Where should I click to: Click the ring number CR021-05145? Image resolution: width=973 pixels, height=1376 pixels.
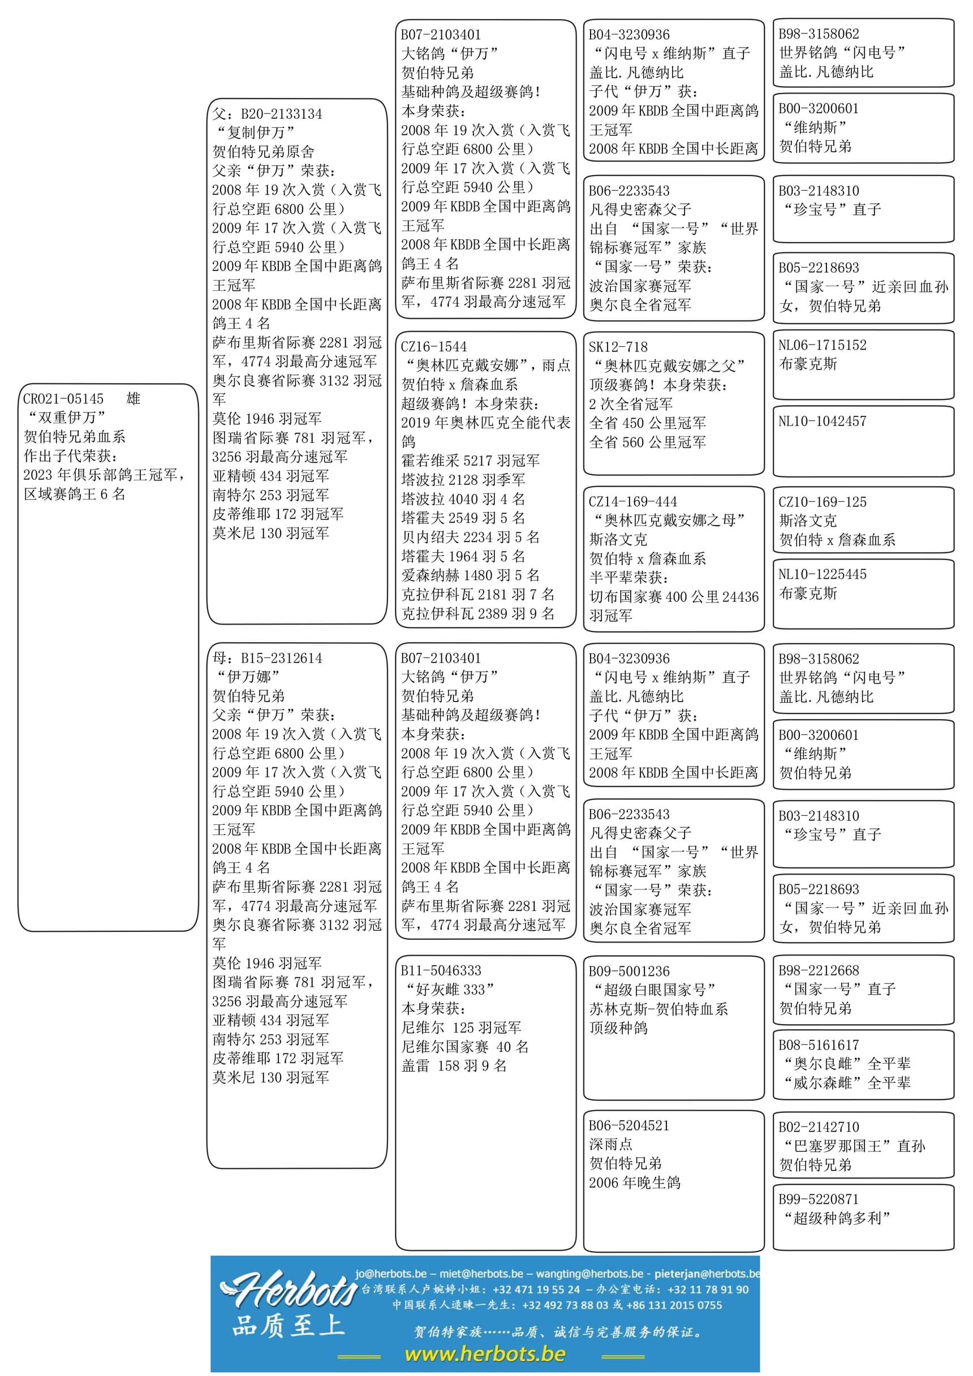click(x=63, y=399)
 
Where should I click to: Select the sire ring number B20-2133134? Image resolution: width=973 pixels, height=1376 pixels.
click(x=281, y=114)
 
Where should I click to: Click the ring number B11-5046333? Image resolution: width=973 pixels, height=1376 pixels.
click(x=441, y=970)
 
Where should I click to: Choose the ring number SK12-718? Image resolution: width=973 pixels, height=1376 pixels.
click(x=618, y=347)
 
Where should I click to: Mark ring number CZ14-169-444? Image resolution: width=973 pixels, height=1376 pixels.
click(x=632, y=502)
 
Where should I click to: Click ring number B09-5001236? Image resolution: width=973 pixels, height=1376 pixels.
click(x=629, y=971)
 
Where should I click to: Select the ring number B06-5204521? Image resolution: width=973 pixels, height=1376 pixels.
click(x=629, y=1125)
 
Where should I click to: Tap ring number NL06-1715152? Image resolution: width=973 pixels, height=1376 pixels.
click(x=822, y=345)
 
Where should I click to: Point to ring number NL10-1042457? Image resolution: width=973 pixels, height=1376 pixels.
click(x=822, y=422)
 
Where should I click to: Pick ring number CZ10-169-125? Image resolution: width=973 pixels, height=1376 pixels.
click(x=822, y=502)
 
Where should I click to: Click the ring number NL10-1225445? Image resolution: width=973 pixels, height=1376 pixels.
click(x=822, y=574)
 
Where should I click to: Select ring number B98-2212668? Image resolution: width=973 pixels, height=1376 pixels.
click(x=819, y=970)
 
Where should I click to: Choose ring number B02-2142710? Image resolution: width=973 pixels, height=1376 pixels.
click(x=819, y=1126)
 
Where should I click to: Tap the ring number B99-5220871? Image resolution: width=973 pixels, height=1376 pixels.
click(x=819, y=1199)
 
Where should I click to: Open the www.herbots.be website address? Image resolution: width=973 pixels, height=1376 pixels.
click(x=485, y=1354)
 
